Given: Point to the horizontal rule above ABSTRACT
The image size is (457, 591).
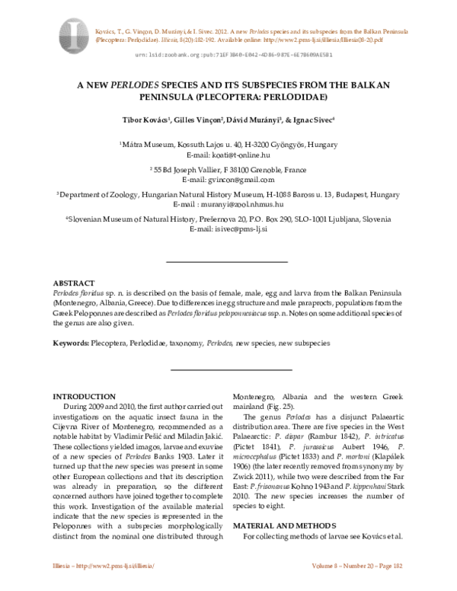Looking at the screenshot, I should click(x=227, y=262).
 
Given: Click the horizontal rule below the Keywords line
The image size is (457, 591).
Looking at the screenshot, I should click(x=227, y=369).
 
